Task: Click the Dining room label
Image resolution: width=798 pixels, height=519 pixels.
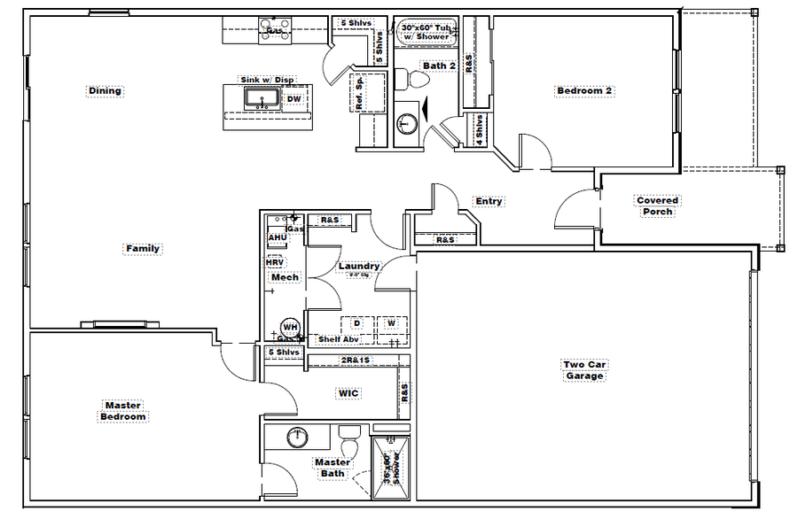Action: coord(105,90)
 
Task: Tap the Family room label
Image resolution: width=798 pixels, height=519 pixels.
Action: coord(142,249)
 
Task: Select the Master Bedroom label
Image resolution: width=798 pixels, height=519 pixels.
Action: coord(122,411)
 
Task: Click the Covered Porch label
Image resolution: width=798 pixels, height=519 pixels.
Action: coord(658,206)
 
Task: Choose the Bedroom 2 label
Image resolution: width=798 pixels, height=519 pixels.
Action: coord(584,90)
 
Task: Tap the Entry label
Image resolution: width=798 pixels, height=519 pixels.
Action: coord(489,201)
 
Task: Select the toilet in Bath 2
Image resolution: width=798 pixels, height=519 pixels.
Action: coord(413,80)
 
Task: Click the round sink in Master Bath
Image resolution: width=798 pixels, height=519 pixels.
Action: coord(297,437)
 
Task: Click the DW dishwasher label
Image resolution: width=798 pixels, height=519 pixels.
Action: coord(293,98)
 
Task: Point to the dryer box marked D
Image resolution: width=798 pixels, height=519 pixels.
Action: coord(356,323)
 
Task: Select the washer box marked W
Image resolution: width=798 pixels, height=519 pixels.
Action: coord(391,323)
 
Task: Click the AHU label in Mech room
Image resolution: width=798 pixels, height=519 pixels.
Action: coord(277,237)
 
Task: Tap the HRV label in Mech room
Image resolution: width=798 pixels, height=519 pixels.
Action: coord(275,262)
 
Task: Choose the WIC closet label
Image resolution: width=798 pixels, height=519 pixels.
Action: coord(347,392)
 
